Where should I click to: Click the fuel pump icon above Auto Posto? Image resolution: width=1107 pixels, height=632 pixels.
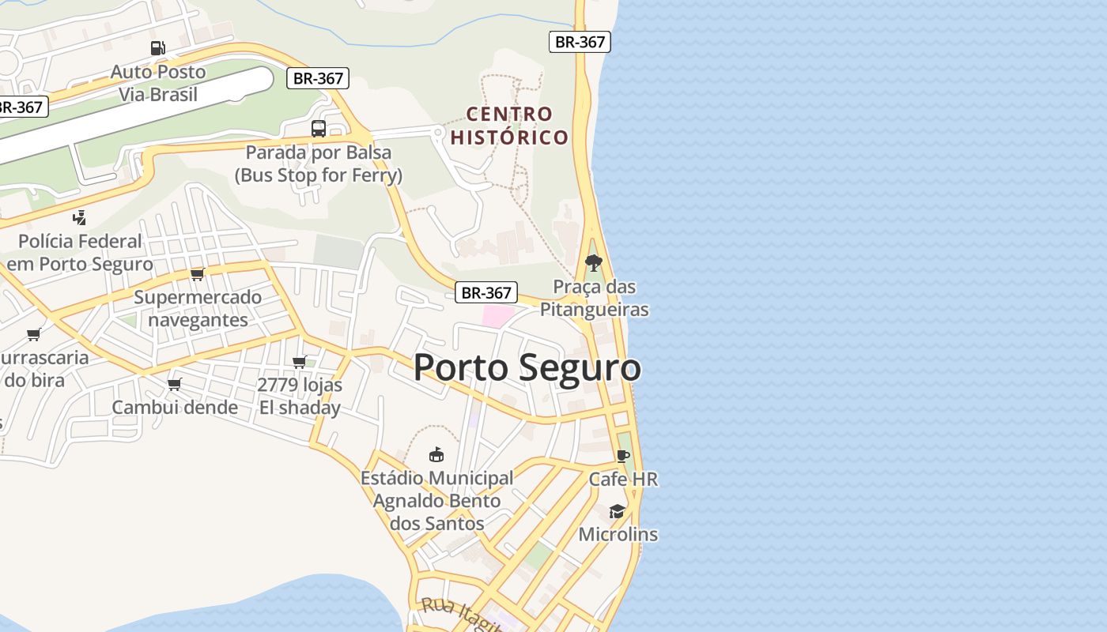pyautogui.click(x=158, y=48)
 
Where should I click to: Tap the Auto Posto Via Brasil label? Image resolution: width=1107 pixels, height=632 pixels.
pyautogui.click(x=158, y=83)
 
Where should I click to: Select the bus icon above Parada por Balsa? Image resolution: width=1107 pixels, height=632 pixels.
pyautogui.click(x=319, y=128)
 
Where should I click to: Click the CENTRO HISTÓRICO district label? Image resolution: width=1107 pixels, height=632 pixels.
pyautogui.click(x=509, y=126)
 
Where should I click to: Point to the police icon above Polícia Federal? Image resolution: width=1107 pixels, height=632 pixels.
pyautogui.click(x=79, y=217)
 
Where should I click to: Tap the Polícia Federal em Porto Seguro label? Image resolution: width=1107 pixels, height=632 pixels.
pyautogui.click(x=79, y=253)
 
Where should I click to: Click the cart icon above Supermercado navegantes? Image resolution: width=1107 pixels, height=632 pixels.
pyautogui.click(x=197, y=274)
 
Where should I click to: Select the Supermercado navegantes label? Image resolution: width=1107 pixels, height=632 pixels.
pyautogui.click(x=198, y=309)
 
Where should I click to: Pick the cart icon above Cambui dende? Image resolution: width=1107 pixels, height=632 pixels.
pyautogui.click(x=175, y=384)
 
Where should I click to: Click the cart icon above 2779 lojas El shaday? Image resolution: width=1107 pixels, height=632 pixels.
pyautogui.click(x=300, y=362)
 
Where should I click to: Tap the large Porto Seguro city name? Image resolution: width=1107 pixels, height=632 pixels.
pyautogui.click(x=527, y=368)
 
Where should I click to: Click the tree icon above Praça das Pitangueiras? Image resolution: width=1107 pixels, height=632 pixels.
pyautogui.click(x=593, y=262)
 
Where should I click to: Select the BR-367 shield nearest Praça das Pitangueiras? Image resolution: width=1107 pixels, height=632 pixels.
pyautogui.click(x=486, y=292)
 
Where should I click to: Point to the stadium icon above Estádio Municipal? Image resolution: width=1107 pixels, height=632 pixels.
pyautogui.click(x=436, y=454)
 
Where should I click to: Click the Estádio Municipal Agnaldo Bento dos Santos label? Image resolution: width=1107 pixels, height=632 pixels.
pyautogui.click(x=436, y=501)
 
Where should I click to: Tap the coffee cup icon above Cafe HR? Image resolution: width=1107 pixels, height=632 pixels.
pyautogui.click(x=623, y=456)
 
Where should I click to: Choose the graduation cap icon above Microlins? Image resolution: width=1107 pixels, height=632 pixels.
pyautogui.click(x=618, y=511)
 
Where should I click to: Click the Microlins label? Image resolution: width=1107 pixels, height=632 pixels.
pyautogui.click(x=618, y=534)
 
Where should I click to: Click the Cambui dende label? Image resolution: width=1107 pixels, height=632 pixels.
pyautogui.click(x=175, y=408)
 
